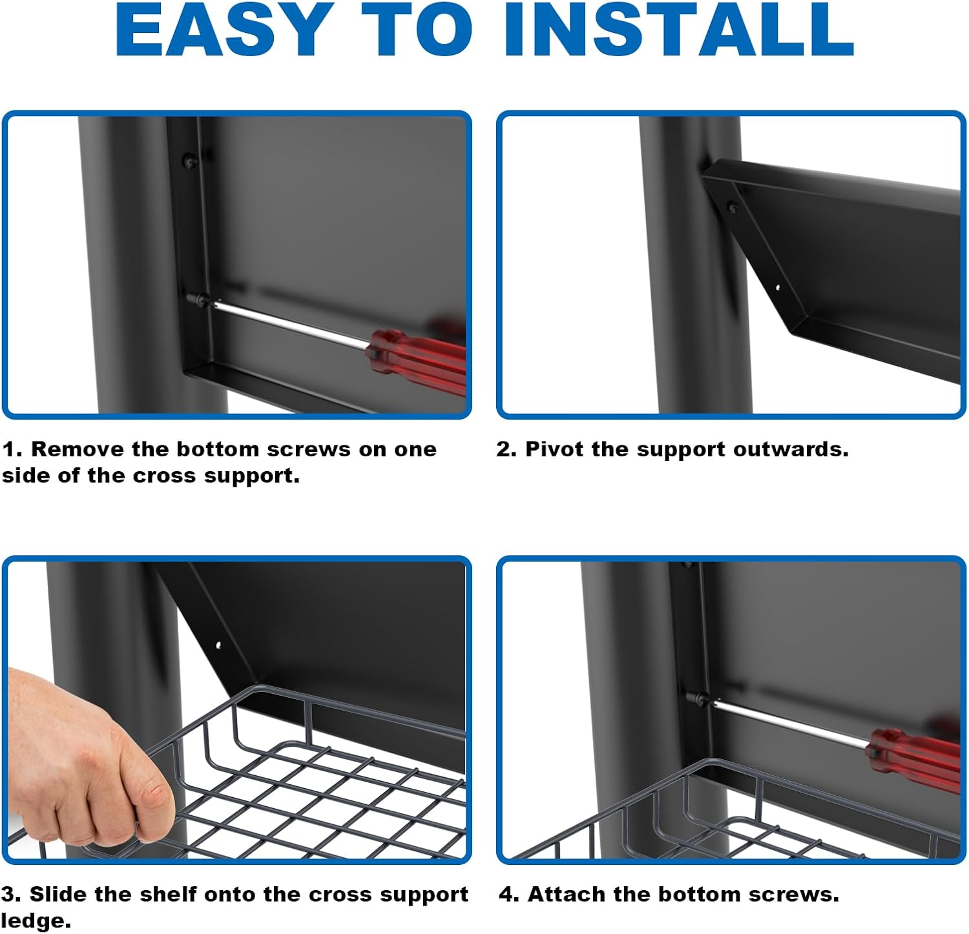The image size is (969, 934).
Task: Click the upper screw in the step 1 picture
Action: pos(188,159)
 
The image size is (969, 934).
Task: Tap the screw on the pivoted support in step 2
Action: pos(733,208)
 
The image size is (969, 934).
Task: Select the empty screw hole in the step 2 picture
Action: pos(778,288)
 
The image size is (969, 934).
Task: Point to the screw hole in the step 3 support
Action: pos(218,644)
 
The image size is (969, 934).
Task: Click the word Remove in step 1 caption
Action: pos(77,449)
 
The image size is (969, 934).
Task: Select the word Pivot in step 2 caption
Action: pos(552,449)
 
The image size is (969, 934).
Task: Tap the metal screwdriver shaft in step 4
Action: pos(789,722)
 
